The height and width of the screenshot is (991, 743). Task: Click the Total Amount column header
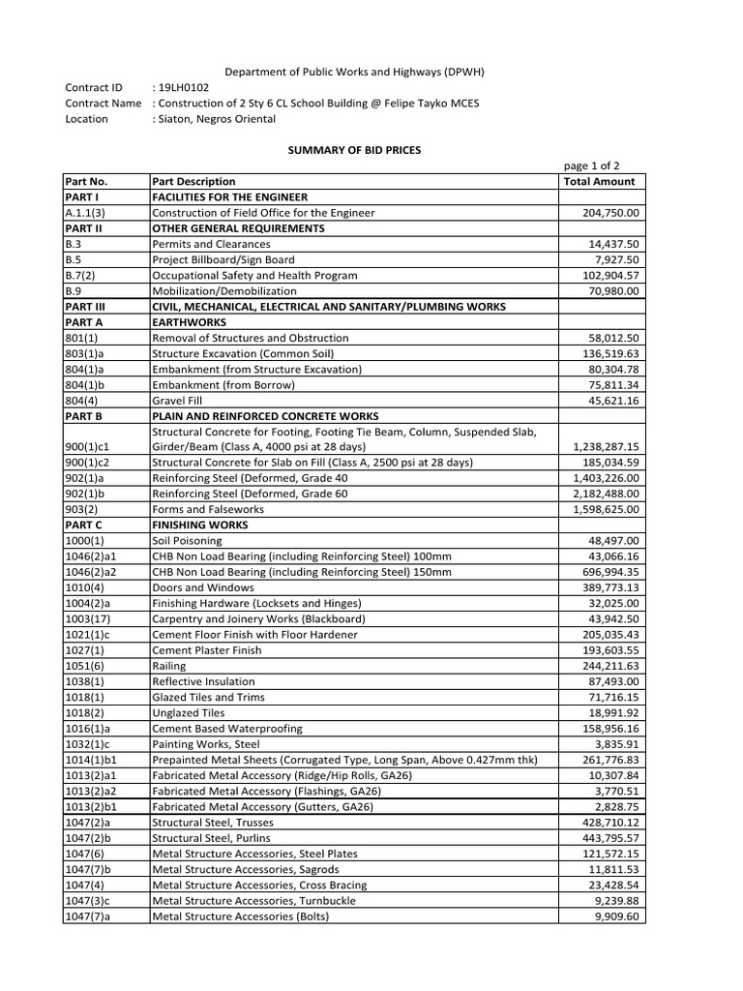pyautogui.click(x=599, y=181)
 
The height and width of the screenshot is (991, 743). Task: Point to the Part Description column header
pyautogui.click(x=193, y=181)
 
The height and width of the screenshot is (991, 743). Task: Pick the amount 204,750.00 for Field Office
pyautogui.click(x=611, y=213)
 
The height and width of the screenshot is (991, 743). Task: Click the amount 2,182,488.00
pyautogui.click(x=606, y=494)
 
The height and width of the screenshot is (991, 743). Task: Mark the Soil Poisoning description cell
pyautogui.click(x=187, y=541)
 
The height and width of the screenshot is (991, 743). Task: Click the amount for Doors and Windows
pyautogui.click(x=611, y=587)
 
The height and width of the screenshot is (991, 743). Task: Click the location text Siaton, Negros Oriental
pyautogui.click(x=218, y=119)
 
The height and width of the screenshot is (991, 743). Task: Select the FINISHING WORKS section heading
pyautogui.click(x=200, y=525)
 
